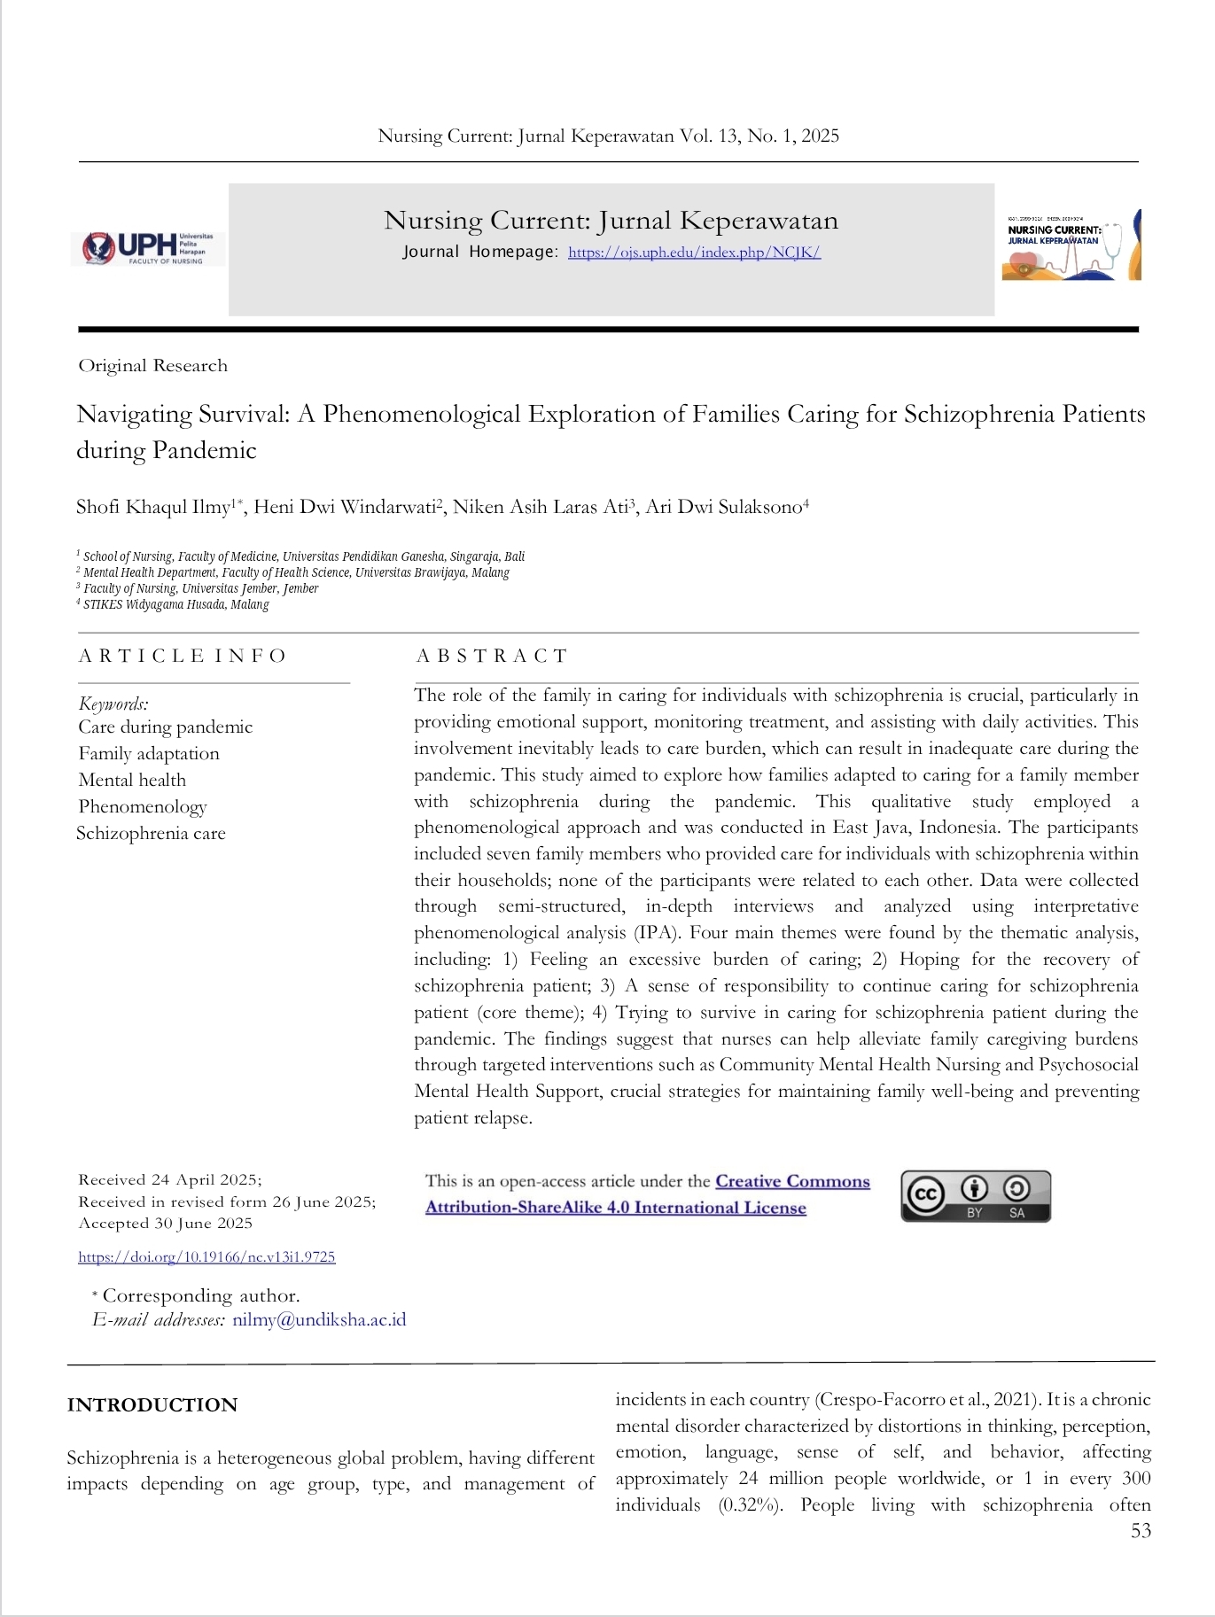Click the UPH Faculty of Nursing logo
(x=148, y=248)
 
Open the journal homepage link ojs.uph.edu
(x=694, y=253)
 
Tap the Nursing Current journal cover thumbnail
(x=1071, y=246)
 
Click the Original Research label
(x=152, y=366)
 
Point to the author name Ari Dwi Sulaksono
(x=723, y=508)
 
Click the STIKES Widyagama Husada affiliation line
(x=175, y=604)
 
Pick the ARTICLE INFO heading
(x=183, y=656)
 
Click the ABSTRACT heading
(x=492, y=656)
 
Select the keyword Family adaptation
(x=149, y=754)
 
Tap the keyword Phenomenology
(x=143, y=807)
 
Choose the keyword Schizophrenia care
(x=151, y=834)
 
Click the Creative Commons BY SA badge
(x=976, y=1196)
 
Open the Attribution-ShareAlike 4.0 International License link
(x=616, y=1208)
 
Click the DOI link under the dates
(x=206, y=1257)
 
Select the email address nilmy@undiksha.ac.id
(x=319, y=1320)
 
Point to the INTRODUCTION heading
(x=152, y=1405)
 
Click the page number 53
(x=1141, y=1531)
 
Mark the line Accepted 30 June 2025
(x=165, y=1224)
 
